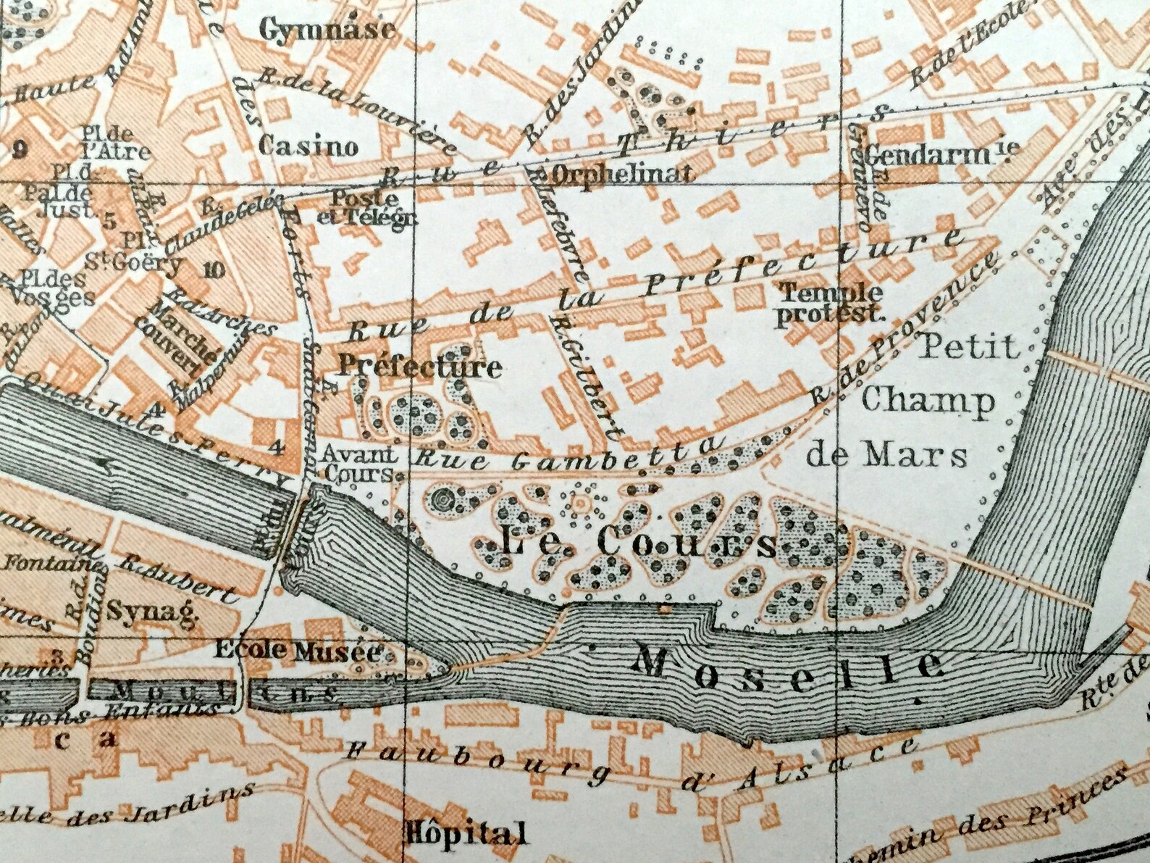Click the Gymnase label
[x=327, y=29]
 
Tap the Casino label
[x=309, y=146]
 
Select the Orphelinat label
[x=624, y=173]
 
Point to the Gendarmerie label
[x=941, y=153]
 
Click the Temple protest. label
[x=830, y=304]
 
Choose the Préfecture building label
[x=420, y=367]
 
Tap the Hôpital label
[x=466, y=833]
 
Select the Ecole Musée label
[x=297, y=651]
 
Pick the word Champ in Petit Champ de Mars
[x=928, y=400]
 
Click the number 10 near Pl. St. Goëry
[x=215, y=270]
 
